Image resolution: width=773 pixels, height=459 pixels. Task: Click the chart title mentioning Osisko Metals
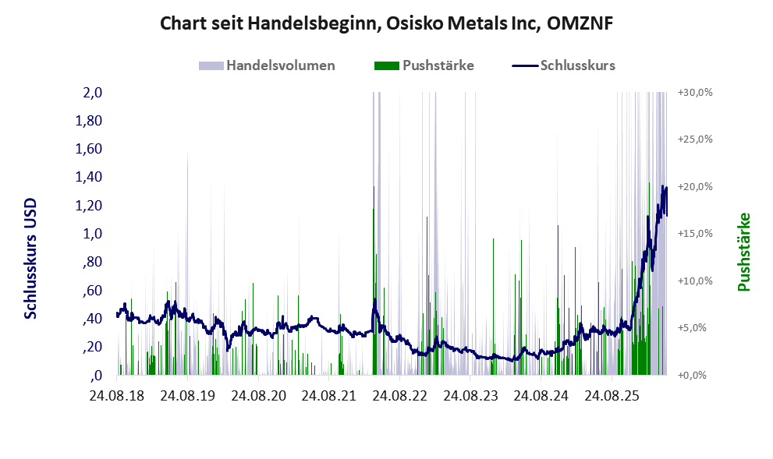[x=387, y=23]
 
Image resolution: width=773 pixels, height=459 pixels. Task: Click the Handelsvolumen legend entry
[x=267, y=65]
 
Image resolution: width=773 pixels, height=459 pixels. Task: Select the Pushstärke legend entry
[x=424, y=65]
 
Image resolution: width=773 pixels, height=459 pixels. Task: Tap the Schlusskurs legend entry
[x=563, y=65]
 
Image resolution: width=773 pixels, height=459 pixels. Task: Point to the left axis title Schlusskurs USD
[x=30, y=258]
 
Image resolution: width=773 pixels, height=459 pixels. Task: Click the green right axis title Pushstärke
[x=743, y=252]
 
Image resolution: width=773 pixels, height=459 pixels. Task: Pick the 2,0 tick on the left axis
[x=93, y=93]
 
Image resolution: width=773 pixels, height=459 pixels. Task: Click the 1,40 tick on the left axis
[x=89, y=177]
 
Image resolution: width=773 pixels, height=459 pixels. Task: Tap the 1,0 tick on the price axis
[x=93, y=234]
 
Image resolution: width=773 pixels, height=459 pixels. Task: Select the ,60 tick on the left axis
[x=92, y=290]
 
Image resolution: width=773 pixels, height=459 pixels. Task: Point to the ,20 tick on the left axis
[x=92, y=347]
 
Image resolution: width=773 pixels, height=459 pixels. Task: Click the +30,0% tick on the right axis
[x=695, y=93]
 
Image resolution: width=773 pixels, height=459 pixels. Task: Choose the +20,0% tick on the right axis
[x=695, y=187]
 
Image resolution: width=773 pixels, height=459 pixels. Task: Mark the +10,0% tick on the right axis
[x=695, y=281]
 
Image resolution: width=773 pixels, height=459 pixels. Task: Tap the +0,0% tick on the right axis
[x=692, y=376]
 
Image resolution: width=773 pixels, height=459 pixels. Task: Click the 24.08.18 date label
[x=117, y=395]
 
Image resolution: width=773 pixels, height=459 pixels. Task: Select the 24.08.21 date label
[x=329, y=395]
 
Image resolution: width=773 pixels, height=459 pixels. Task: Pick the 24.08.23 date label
[x=470, y=395]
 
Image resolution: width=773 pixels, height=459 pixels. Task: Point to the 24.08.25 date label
[x=612, y=395]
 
